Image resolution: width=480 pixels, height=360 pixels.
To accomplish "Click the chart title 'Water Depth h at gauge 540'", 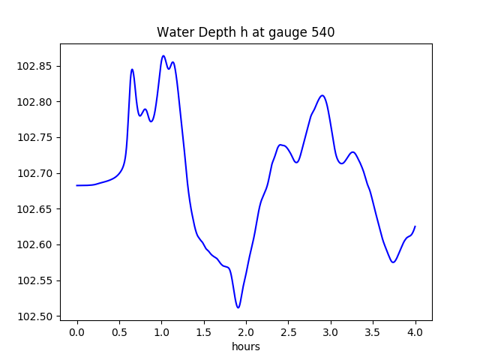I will tap(245, 32).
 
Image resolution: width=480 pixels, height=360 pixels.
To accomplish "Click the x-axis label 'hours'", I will tap(246, 346).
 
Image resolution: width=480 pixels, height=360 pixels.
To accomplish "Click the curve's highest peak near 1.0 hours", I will tap(163, 55).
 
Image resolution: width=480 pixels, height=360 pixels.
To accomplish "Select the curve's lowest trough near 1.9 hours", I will tap(238, 307).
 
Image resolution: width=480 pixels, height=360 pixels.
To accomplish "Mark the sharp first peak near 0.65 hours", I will tap(132, 70).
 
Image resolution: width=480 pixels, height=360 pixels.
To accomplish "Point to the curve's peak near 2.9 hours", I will tap(322, 95).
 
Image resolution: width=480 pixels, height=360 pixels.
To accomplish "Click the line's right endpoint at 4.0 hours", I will tap(415, 226).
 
